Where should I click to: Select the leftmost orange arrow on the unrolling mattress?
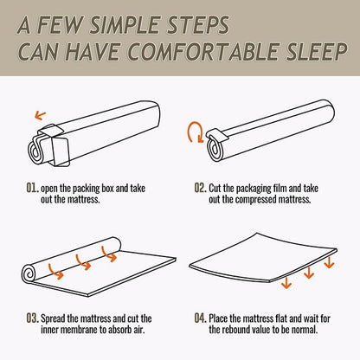click(56, 274)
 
